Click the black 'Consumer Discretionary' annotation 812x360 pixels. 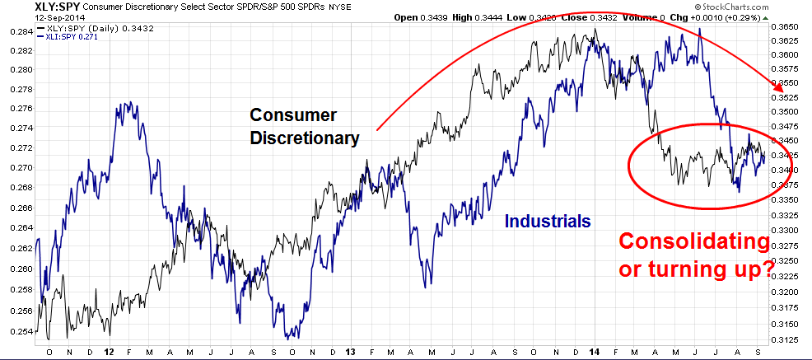[x=304, y=127]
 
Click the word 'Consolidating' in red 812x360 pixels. [x=694, y=244]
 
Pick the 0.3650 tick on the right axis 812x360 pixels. [x=791, y=27]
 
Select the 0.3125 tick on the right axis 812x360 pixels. [x=791, y=338]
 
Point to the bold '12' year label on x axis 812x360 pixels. [x=109, y=351]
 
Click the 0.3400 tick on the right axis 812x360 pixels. [x=791, y=171]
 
